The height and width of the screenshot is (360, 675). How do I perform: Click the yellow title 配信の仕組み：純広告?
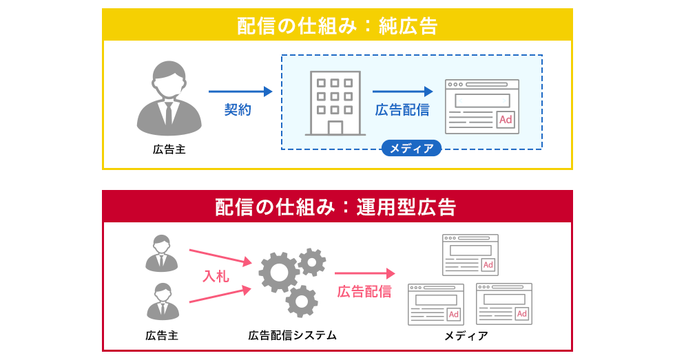[x=337, y=25]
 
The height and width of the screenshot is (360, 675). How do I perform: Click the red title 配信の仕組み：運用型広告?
[x=337, y=207]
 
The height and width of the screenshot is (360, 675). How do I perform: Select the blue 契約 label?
[x=238, y=109]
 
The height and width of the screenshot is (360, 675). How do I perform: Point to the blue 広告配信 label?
[x=402, y=109]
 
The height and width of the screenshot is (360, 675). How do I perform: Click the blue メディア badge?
[x=411, y=148]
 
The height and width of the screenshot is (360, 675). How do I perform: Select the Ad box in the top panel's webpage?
[x=505, y=120]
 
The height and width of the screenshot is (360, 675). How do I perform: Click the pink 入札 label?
[x=216, y=276]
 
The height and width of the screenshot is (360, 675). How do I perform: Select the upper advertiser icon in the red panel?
[x=163, y=253]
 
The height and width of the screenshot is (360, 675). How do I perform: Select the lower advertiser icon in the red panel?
[x=163, y=301]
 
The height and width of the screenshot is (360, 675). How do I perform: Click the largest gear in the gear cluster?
[x=278, y=273]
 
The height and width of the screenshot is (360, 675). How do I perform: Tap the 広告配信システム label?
[x=293, y=335]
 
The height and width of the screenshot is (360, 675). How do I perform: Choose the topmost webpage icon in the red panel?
[x=471, y=254]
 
